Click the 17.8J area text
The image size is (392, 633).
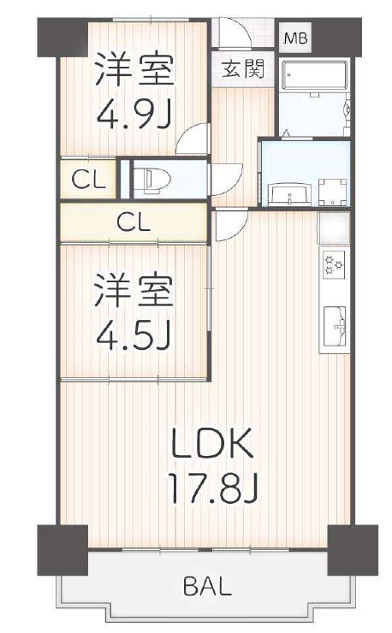(x=214, y=488)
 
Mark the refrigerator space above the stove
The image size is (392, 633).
(x=334, y=227)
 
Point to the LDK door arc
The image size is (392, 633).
(x=227, y=224)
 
